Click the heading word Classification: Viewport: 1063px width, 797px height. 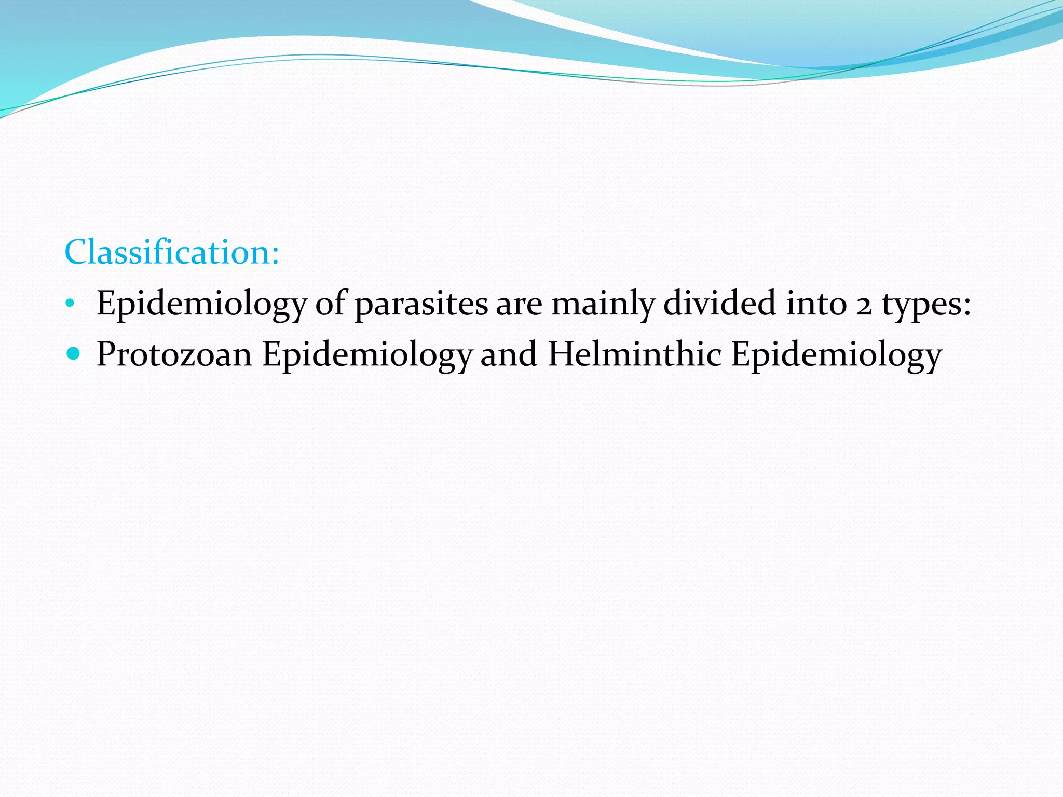point(172,253)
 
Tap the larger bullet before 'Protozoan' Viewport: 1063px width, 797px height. point(74,354)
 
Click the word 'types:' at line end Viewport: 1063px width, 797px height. point(926,305)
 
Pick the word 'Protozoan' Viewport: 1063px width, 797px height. point(174,354)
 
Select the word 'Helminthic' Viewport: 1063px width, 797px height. point(635,354)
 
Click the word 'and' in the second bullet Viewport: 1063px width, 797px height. point(509,354)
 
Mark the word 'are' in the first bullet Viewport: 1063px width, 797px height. point(519,305)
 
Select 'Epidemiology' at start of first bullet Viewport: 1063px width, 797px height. point(202,305)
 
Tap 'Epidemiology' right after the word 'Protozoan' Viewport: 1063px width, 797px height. point(367,355)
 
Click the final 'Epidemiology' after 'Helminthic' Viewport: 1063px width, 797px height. point(837,355)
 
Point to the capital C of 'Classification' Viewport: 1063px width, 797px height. point(78,253)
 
